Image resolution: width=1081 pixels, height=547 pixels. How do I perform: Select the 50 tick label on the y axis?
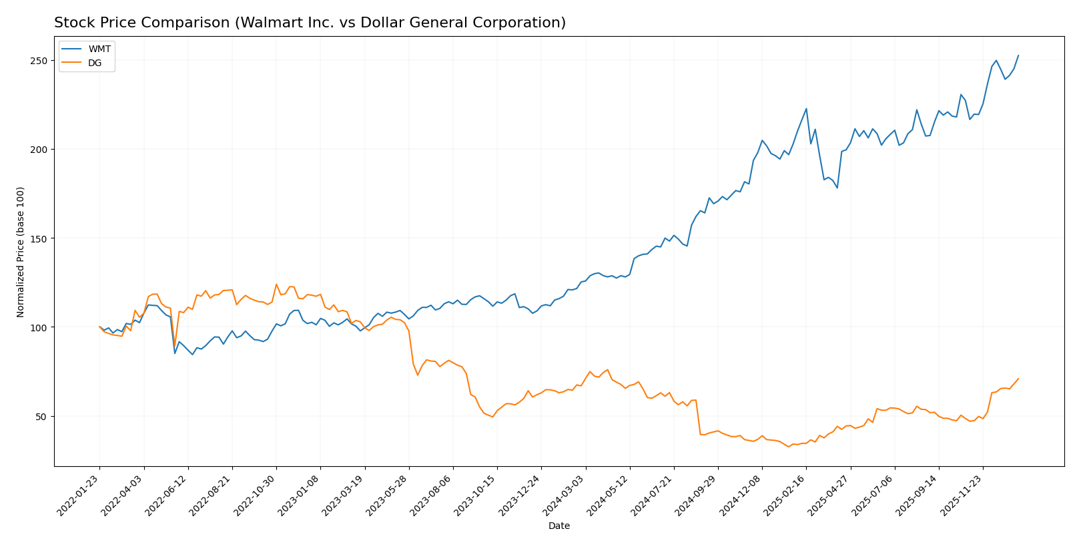point(41,417)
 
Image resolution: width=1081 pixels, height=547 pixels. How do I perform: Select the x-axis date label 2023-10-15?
point(478,496)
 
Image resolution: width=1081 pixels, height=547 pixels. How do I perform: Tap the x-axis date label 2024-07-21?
point(655,496)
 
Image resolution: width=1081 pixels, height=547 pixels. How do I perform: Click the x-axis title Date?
point(559,526)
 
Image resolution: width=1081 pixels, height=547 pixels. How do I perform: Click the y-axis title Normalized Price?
point(21,252)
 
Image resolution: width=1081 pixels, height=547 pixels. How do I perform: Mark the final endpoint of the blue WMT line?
point(1018,55)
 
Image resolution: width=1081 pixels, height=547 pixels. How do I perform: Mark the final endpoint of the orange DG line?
point(1018,379)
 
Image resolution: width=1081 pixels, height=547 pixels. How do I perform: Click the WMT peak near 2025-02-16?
point(806,108)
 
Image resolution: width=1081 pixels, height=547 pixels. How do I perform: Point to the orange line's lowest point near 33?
point(788,447)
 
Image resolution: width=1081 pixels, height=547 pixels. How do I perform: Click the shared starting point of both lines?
point(99,327)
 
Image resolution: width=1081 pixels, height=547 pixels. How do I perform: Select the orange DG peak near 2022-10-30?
point(276,285)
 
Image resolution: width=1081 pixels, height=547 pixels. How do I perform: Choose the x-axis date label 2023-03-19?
point(345,496)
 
